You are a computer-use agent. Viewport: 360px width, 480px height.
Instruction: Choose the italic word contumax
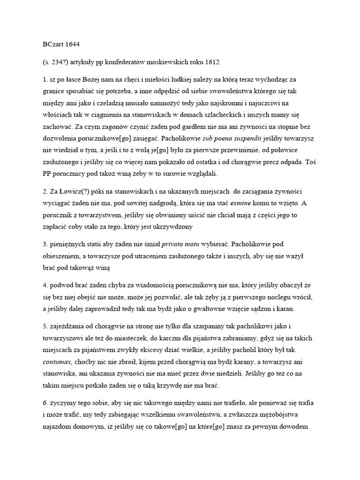(x=60, y=361)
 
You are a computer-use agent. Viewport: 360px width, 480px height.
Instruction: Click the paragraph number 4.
(x=45, y=285)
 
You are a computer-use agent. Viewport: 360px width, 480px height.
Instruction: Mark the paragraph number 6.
(x=45, y=402)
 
